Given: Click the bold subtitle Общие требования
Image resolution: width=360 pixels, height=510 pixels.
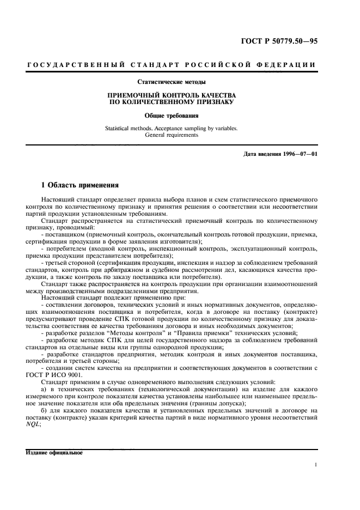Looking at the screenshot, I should point(172,116).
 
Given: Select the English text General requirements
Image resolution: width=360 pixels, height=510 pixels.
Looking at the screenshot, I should point(172,135).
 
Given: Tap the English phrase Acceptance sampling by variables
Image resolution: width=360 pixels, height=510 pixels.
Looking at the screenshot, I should point(197,129).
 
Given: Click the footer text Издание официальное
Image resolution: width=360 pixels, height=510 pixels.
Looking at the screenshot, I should point(53,453).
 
